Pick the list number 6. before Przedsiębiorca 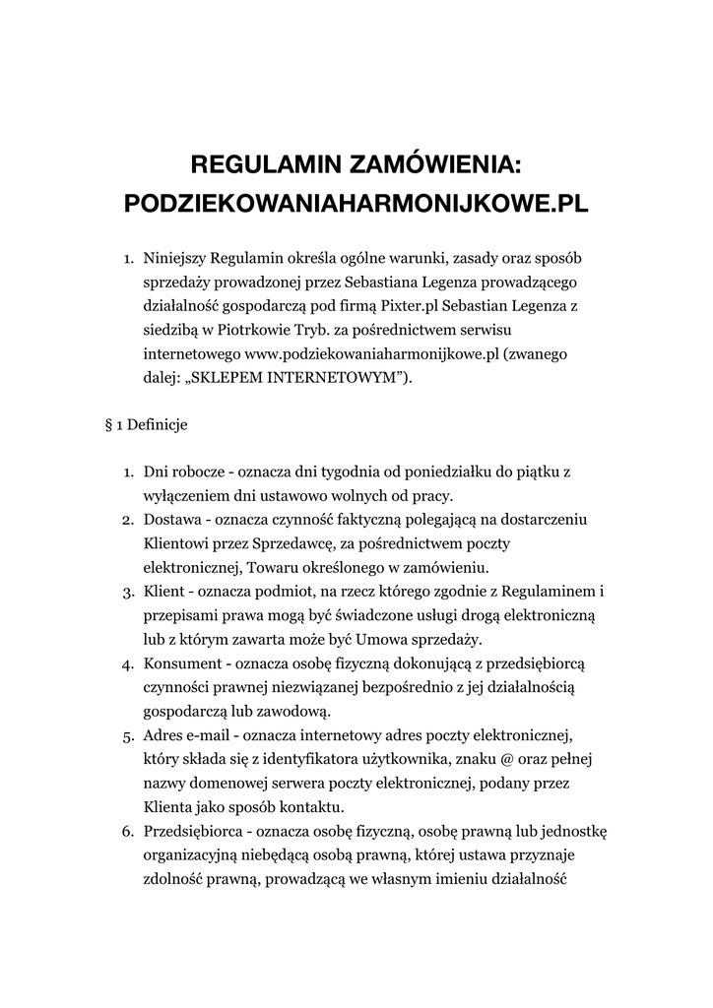(128, 831)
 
